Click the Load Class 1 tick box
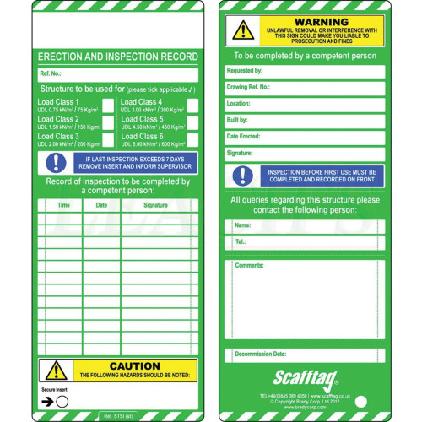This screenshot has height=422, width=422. point(108,105)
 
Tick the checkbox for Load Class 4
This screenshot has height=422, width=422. point(192,105)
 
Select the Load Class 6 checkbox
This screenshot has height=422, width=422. point(192,139)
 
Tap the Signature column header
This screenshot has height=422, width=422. point(155,205)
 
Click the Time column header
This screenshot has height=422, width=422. point(63,205)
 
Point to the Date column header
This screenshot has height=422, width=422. point(101,205)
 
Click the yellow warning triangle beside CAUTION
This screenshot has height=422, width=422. point(57,370)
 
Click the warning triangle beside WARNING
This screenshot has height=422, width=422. point(243,30)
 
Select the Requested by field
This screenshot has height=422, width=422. point(304,72)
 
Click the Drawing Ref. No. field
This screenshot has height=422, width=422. point(304,88)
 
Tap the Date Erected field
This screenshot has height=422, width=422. point(304,138)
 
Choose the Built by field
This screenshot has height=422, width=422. point(304,121)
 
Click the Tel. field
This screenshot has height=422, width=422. point(304,242)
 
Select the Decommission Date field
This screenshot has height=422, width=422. point(304,354)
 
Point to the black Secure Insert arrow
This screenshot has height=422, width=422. point(46,402)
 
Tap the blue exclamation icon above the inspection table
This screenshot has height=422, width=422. point(57,163)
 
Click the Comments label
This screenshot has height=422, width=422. point(250,265)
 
